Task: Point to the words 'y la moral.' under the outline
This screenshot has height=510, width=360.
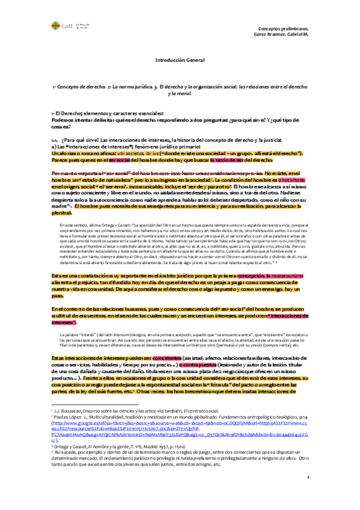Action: [180, 94]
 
